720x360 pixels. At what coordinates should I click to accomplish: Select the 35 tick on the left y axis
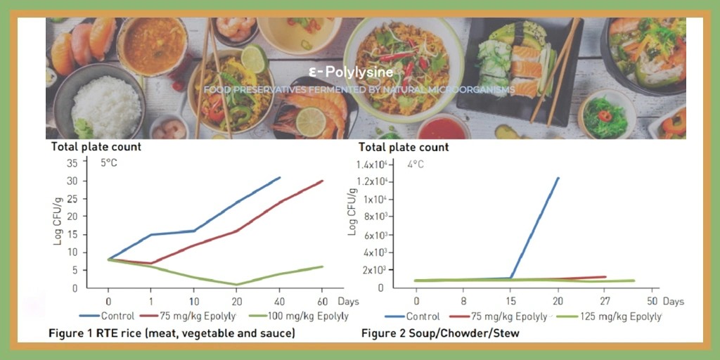pos(72,163)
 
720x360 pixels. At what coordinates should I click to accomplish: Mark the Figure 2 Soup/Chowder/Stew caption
pos(440,333)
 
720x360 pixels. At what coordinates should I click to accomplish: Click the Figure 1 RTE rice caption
pos(172,332)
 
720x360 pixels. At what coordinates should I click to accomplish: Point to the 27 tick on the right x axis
pos(605,301)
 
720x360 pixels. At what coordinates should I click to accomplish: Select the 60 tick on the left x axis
pos(323,301)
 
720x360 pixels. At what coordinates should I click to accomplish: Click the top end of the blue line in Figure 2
pos(559,178)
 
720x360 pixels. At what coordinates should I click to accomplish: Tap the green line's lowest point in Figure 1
pos(237,285)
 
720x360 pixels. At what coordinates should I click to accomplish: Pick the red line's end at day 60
pos(323,181)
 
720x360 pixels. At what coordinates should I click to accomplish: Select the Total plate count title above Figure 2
pos(404,148)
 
